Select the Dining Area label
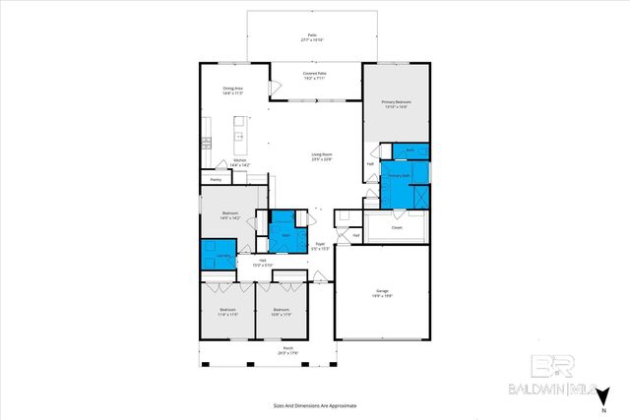[231, 90]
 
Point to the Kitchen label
[239, 162]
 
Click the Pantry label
[216, 180]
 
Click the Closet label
[397, 226]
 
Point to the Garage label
[381, 292]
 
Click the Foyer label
[320, 246]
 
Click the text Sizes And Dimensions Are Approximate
[314, 404]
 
